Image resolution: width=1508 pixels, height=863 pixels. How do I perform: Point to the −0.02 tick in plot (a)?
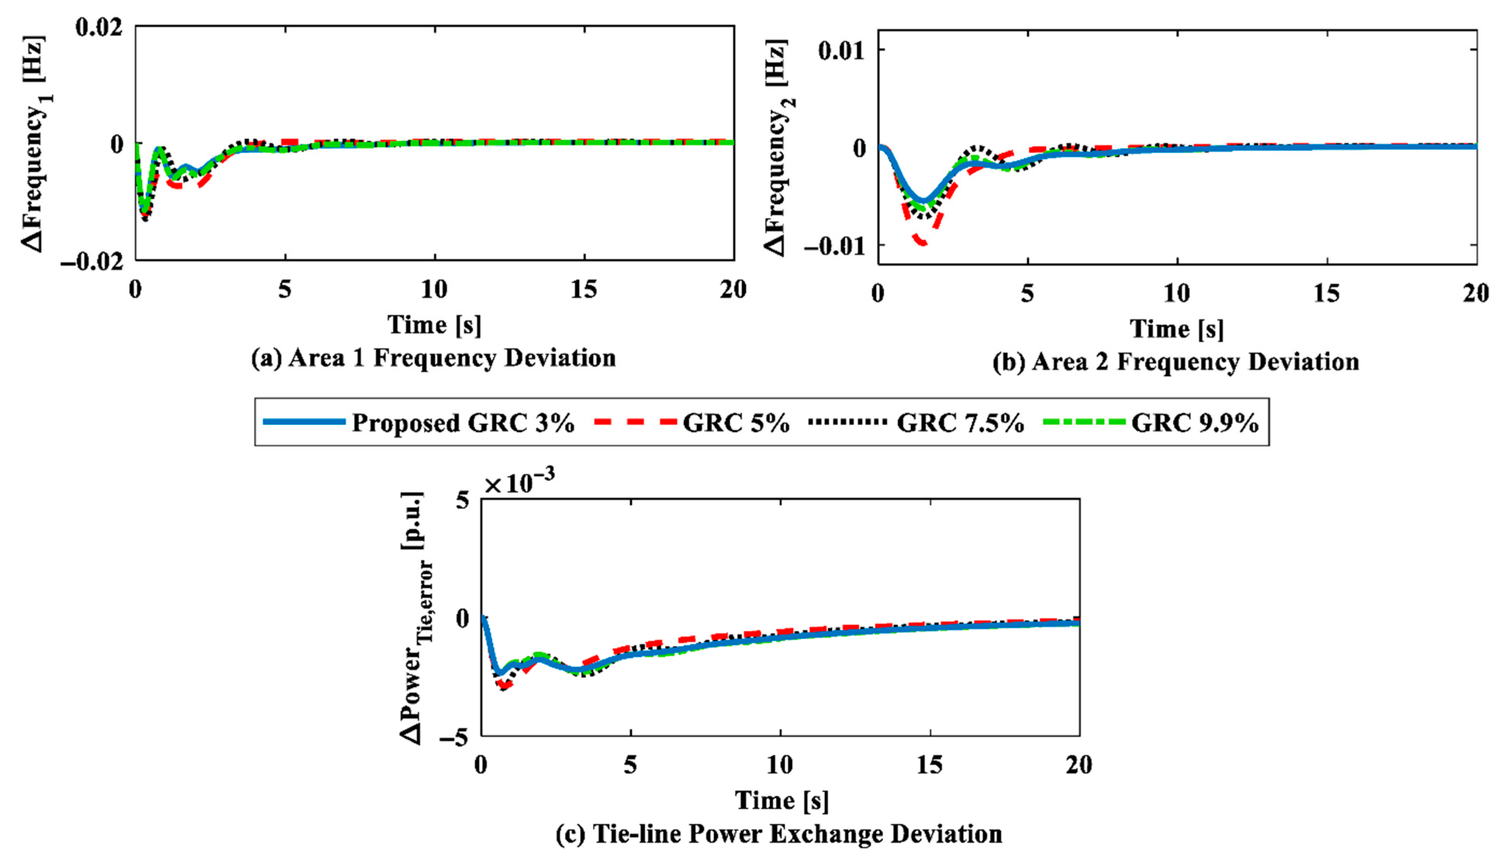click(92, 261)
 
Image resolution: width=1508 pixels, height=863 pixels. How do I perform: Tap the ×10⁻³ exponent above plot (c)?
click(519, 484)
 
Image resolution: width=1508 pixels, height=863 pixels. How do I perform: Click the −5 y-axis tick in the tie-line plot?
click(454, 737)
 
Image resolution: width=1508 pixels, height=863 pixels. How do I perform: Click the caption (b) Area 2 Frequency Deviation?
click(1176, 362)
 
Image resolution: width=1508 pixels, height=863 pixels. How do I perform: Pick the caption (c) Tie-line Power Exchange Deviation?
click(778, 834)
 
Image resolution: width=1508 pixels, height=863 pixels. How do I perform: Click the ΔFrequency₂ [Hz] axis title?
click(778, 148)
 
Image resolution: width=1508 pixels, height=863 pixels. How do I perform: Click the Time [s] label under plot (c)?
click(781, 800)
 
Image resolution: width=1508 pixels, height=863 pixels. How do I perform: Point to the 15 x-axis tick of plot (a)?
click(584, 290)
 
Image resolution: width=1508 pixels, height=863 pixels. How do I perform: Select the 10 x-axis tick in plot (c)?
click(780, 765)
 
